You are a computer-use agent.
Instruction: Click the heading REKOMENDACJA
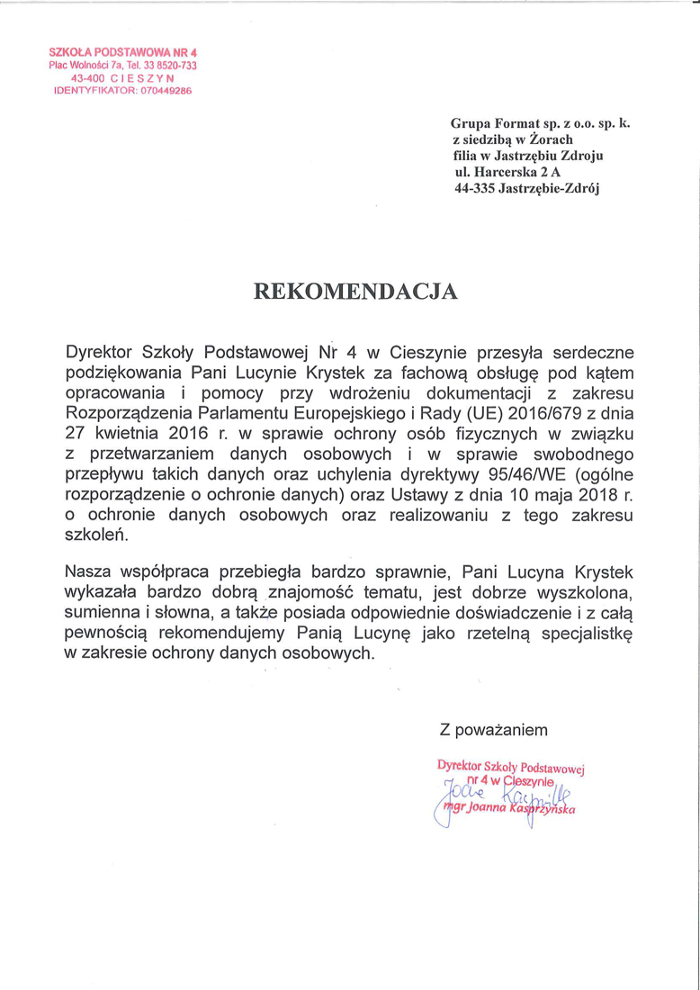click(356, 291)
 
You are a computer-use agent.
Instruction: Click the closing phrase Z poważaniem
click(493, 728)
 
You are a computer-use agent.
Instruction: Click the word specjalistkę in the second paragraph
click(585, 634)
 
